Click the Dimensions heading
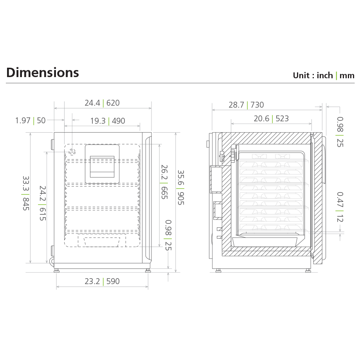pyautogui.click(x=43, y=73)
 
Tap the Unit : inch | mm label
pyautogui.click(x=323, y=76)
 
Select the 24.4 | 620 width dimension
pyautogui.click(x=102, y=103)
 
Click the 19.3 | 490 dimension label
pyautogui.click(x=108, y=121)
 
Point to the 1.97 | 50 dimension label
pyautogui.click(x=31, y=121)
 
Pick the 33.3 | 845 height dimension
pyautogui.click(x=26, y=193)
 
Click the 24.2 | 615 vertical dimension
pyautogui.click(x=42, y=203)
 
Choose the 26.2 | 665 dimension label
pyautogui.click(x=164, y=182)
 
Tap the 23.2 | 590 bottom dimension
pyautogui.click(x=102, y=281)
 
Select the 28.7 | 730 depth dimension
pyautogui.click(x=246, y=105)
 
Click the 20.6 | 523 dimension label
pyautogui.click(x=271, y=119)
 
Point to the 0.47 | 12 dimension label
pyautogui.click(x=340, y=207)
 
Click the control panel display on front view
pyautogui.click(x=102, y=164)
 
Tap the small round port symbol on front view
pyautogui.click(x=72, y=152)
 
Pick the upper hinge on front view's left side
pyautogui.click(x=52, y=144)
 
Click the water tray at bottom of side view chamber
pyautogui.click(x=264, y=241)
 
